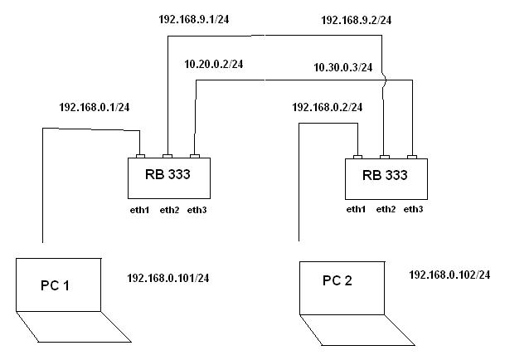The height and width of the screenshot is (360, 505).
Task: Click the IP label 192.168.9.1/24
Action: pos(195,17)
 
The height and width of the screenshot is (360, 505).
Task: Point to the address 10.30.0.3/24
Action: pos(342,67)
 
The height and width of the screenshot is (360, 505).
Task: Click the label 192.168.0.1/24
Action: pos(94,108)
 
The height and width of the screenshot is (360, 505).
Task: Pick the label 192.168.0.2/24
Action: pos(328,107)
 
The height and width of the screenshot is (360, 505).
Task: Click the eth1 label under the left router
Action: pos(138,210)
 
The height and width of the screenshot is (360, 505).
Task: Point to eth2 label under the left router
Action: pos(168,210)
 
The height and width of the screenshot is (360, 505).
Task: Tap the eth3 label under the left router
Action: pos(197,210)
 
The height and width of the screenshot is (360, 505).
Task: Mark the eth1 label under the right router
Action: pos(355,209)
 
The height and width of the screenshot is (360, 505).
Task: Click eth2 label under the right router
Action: pos(385,209)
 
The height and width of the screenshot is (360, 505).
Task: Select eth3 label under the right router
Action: pos(413,209)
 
